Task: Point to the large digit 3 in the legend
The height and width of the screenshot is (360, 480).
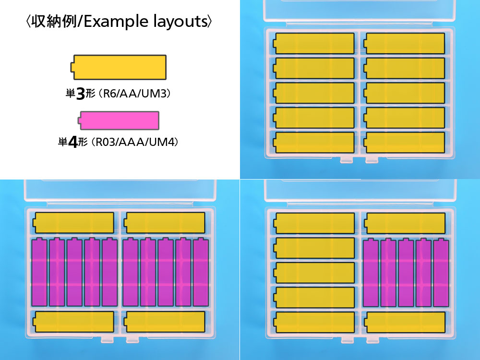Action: tap(81, 94)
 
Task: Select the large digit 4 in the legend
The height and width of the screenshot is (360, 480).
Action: tap(73, 143)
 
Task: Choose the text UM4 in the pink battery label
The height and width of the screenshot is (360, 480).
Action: tap(164, 143)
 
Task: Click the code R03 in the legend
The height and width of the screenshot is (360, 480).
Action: tap(106, 143)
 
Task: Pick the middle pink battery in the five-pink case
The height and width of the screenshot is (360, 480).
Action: tap(406, 272)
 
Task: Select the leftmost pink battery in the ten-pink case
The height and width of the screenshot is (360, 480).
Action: tap(39, 272)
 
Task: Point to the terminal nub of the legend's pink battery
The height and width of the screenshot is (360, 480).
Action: tap(79, 120)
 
